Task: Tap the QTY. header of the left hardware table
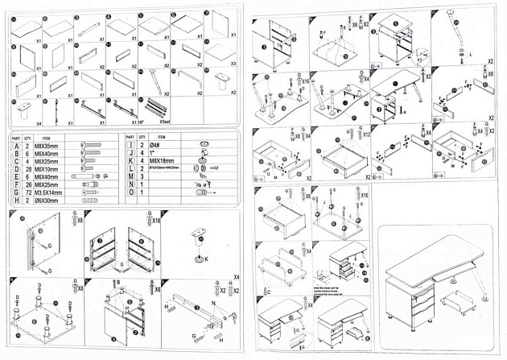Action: (x=28, y=138)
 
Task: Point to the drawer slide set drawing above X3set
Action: (x=158, y=106)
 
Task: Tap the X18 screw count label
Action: (x=157, y=219)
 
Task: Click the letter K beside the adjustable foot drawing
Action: (x=206, y=259)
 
